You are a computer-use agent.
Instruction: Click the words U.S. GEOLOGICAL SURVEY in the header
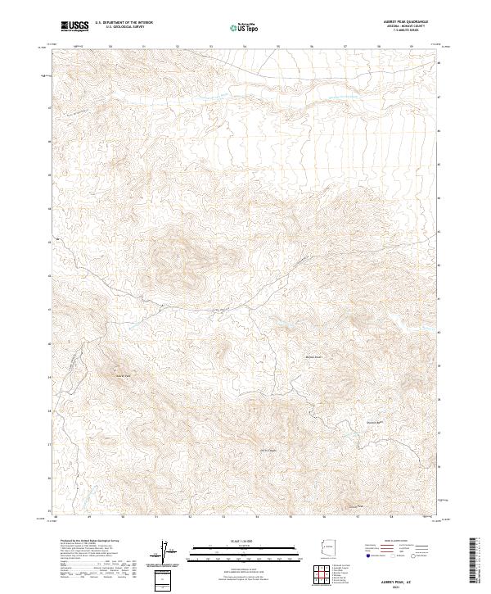click(120, 28)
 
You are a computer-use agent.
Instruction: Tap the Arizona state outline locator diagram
click(327, 551)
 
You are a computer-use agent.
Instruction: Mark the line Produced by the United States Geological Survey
click(88, 542)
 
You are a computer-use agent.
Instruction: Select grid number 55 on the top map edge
click(278, 47)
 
